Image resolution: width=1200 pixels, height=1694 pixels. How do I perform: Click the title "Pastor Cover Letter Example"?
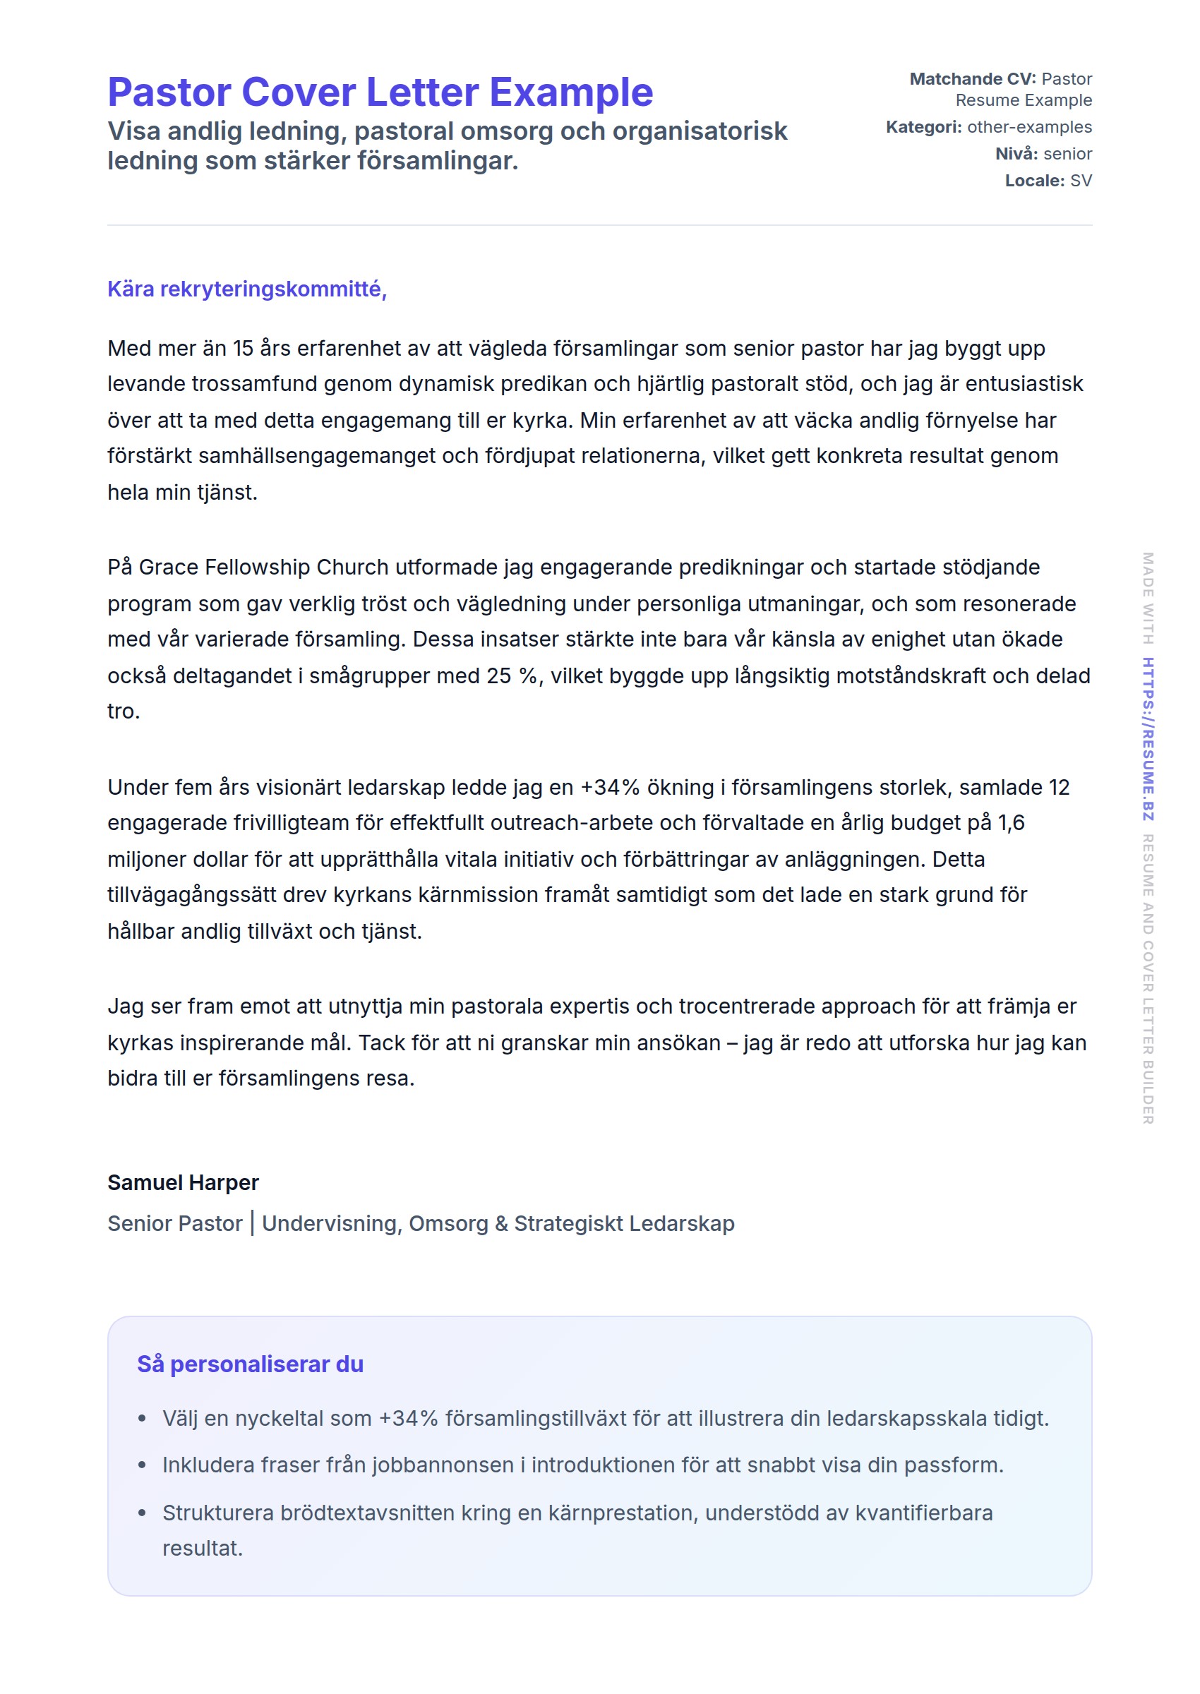coord(380,92)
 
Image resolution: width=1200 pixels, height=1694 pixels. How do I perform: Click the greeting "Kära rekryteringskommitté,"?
coord(247,289)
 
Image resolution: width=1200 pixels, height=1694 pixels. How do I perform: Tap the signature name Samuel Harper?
coord(184,1183)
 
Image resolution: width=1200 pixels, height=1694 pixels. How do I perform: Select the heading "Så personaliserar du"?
coord(250,1364)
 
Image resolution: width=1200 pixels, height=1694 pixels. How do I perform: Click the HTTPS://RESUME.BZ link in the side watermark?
coord(1148,739)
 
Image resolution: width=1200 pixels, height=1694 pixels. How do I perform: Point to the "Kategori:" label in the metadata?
coord(923,127)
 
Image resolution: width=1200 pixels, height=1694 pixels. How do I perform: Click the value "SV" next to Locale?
coord(1080,181)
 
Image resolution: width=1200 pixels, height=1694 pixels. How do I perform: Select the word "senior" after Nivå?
coord(1068,154)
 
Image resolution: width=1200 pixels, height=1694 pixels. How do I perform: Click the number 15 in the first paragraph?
coord(243,349)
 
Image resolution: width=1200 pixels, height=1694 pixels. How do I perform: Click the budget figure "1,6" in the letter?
coord(1011,823)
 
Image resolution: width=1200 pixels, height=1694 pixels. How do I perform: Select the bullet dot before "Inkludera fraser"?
coord(142,1465)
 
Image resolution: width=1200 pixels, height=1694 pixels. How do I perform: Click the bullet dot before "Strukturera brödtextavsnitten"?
coord(142,1513)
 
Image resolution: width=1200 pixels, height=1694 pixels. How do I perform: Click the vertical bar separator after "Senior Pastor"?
coord(252,1223)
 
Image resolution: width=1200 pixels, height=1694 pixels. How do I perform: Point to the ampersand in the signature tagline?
coord(501,1224)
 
